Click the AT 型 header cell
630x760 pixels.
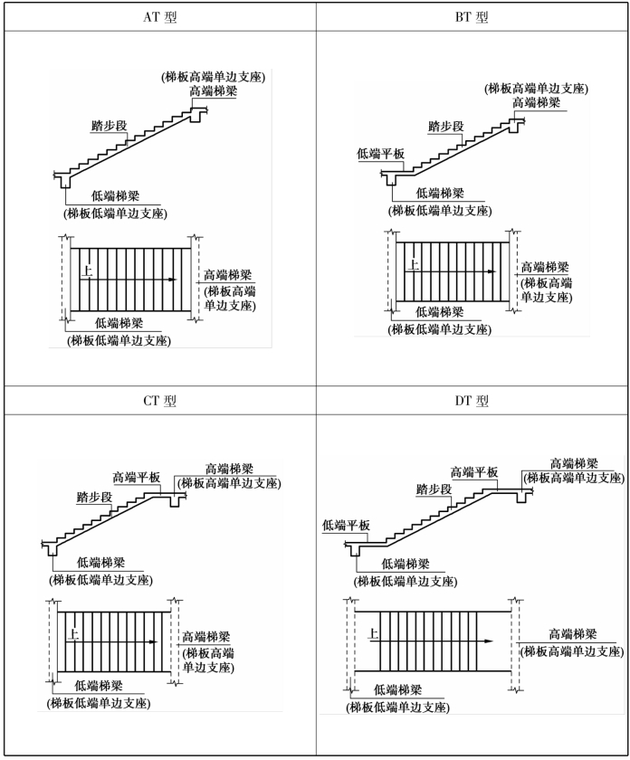click(158, 17)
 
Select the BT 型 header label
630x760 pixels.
click(472, 17)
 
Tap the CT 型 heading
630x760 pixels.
click(158, 401)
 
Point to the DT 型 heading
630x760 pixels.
click(472, 401)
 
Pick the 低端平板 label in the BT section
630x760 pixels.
click(380, 154)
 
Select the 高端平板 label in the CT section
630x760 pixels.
click(136, 477)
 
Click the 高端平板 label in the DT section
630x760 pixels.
click(474, 472)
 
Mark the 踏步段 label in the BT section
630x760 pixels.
click(446, 127)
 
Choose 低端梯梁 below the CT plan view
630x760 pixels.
click(99, 686)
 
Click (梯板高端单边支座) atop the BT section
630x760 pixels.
click(537, 89)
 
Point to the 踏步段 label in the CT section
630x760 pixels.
click(94, 498)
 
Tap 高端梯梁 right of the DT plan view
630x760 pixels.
click(572, 634)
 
